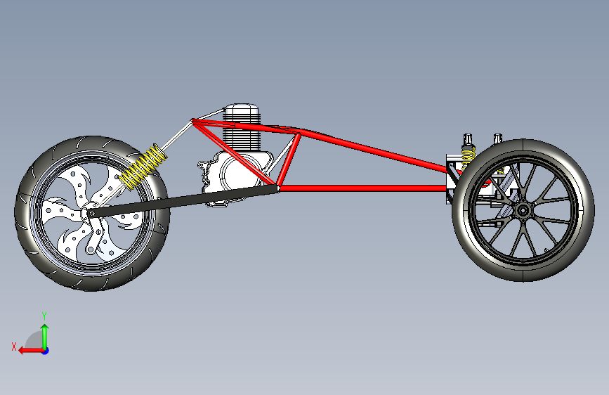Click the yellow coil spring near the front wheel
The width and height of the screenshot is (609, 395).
pyautogui.click(x=143, y=167)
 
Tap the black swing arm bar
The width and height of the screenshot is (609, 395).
pyautogui.click(x=183, y=200)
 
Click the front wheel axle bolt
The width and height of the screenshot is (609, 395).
pyautogui.click(x=91, y=213)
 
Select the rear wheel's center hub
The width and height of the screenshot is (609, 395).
pyautogui.click(x=522, y=209)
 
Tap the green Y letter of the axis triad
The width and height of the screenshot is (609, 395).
pyautogui.click(x=44, y=316)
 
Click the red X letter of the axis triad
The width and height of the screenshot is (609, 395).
pyautogui.click(x=13, y=346)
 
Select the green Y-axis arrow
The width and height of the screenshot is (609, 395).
pyautogui.click(x=44, y=333)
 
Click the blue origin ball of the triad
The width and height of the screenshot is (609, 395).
pyautogui.click(x=44, y=349)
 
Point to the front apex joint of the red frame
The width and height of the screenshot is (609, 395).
pyautogui.click(x=195, y=122)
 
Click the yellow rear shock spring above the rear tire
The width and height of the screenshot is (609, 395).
pyautogui.click(x=467, y=155)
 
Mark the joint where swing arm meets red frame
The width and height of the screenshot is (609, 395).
pyautogui.click(x=278, y=188)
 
